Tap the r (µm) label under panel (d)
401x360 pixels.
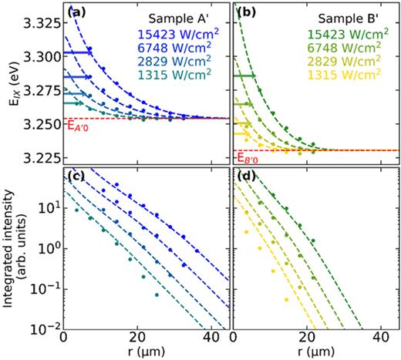[312, 352]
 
